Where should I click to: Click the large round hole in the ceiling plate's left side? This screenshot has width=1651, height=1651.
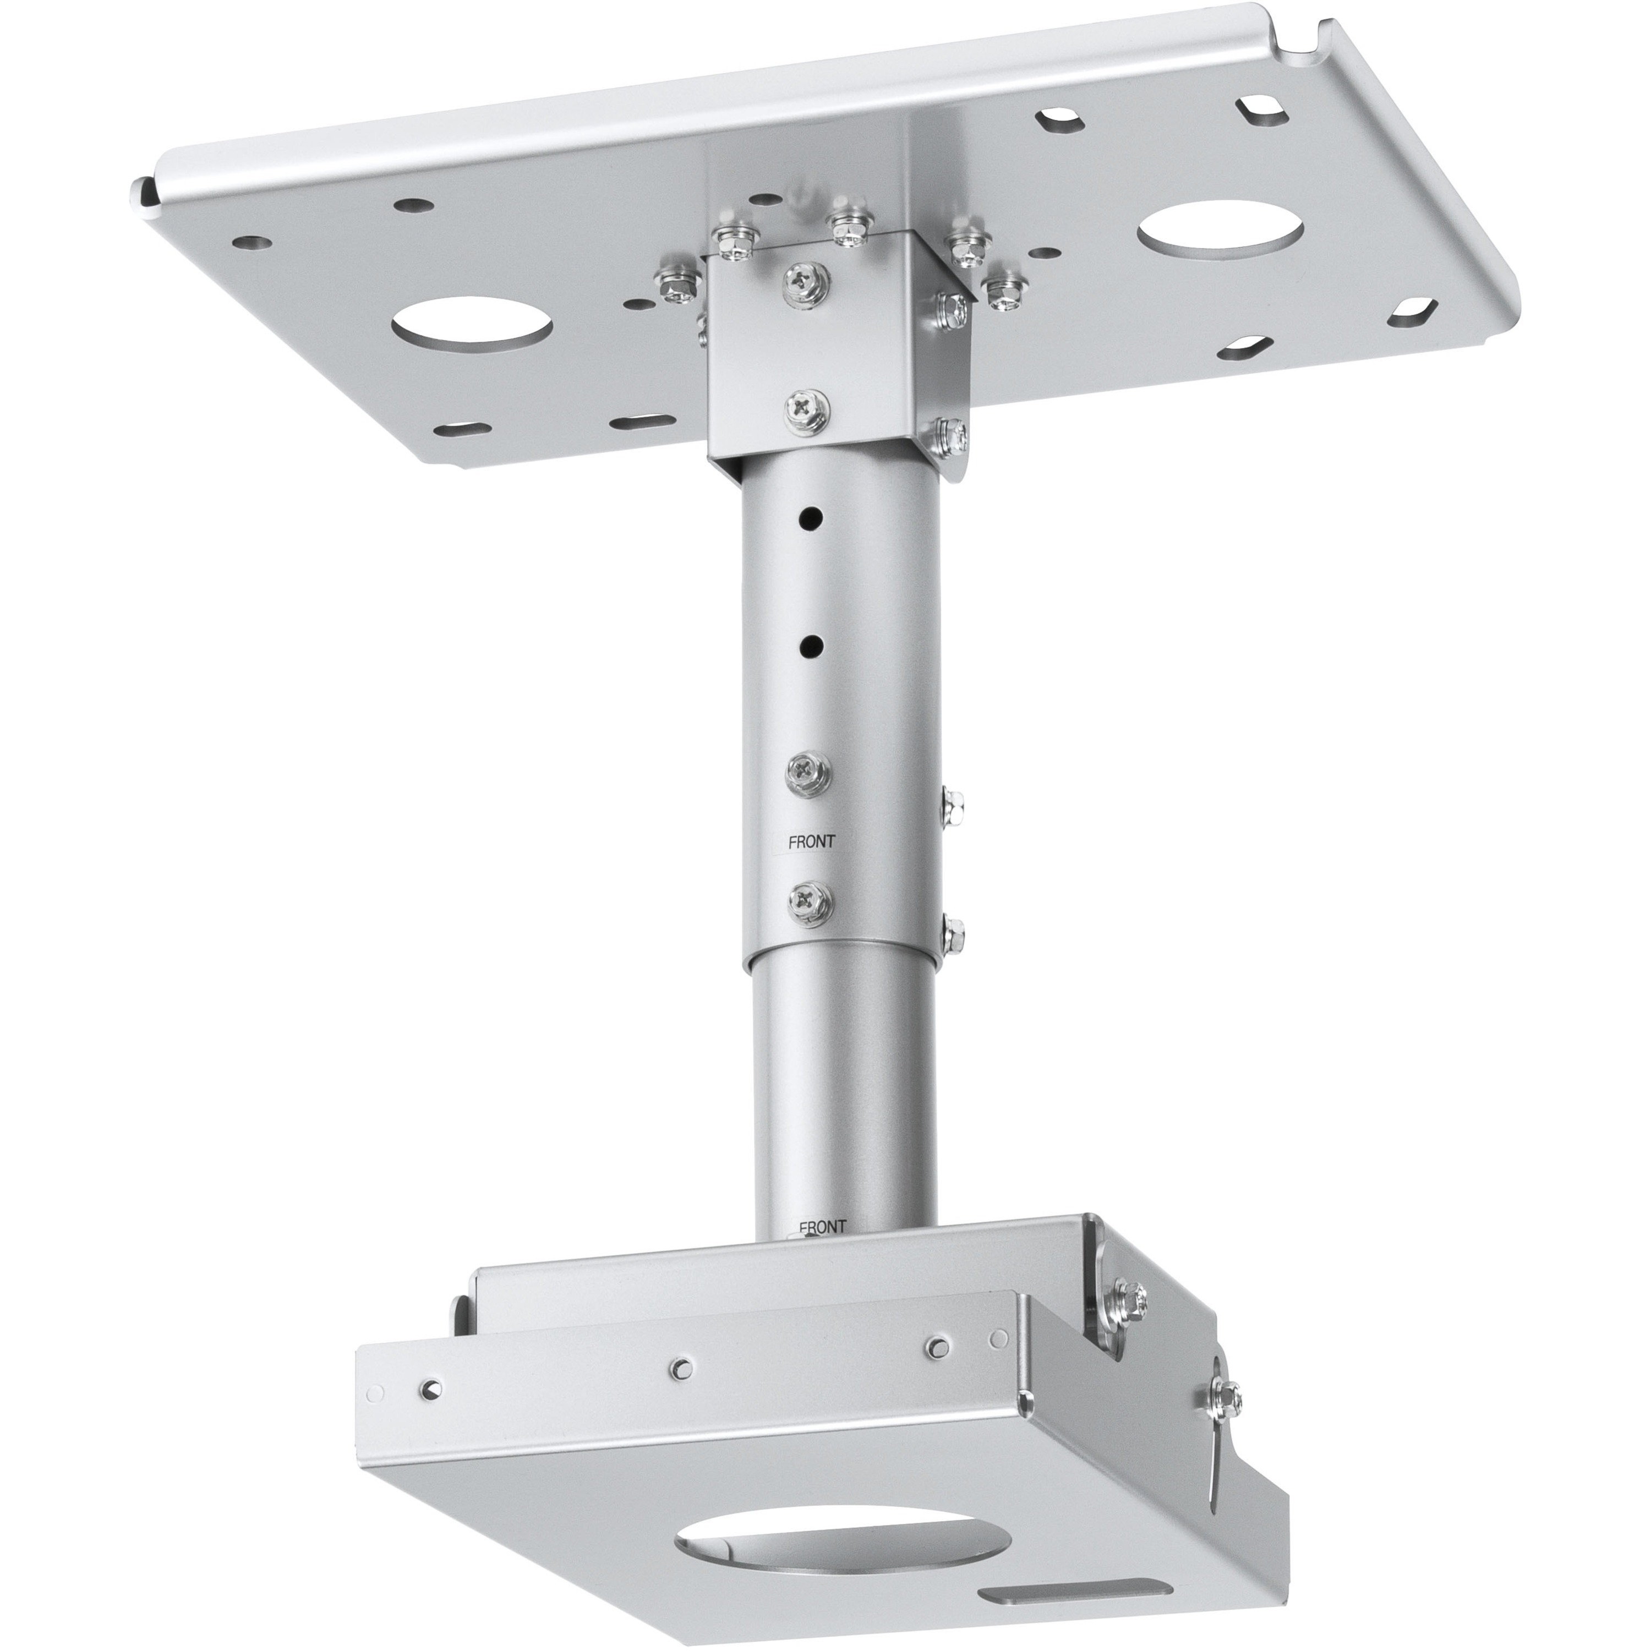pyautogui.click(x=472, y=326)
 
